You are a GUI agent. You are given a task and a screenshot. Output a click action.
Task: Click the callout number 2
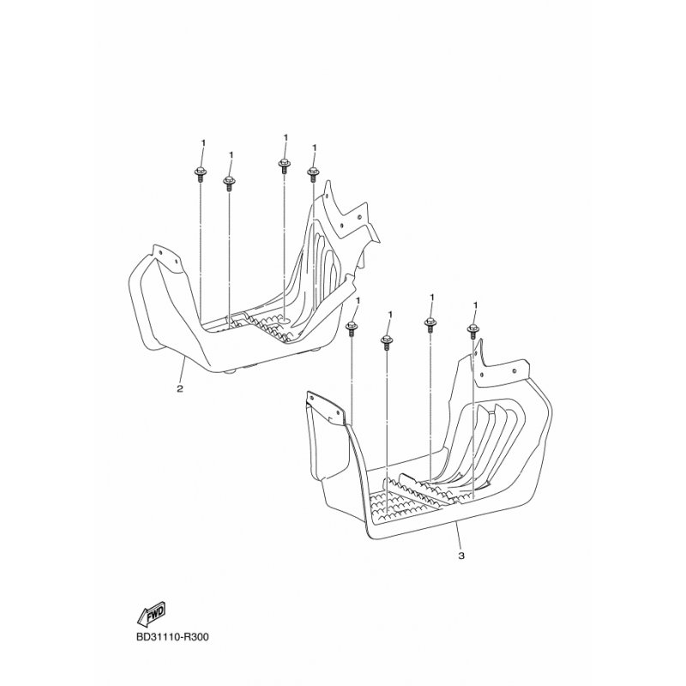[180, 388]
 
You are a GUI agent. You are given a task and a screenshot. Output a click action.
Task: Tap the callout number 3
[461, 556]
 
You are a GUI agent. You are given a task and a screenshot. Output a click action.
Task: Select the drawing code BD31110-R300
[172, 637]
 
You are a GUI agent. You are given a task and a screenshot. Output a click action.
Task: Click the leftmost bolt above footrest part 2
[199, 175]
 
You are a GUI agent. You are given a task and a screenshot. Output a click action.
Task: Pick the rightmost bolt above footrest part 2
[312, 174]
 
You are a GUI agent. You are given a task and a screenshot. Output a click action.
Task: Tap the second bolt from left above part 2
[228, 184]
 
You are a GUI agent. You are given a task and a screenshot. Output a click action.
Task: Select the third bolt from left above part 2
[284, 165]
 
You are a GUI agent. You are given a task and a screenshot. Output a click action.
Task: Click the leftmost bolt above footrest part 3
[352, 329]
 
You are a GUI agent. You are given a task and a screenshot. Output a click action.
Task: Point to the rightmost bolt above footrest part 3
[473, 331]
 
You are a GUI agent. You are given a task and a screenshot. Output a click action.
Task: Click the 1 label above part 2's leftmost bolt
[203, 143]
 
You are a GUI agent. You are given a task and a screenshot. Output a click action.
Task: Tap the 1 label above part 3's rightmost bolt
[476, 305]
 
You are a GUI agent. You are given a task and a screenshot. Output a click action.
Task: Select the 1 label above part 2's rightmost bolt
[314, 148]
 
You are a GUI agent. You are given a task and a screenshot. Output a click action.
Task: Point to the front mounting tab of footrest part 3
[326, 406]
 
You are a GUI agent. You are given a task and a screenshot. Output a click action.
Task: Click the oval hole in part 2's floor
[284, 322]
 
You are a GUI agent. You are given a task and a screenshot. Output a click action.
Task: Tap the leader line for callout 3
[458, 535]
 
